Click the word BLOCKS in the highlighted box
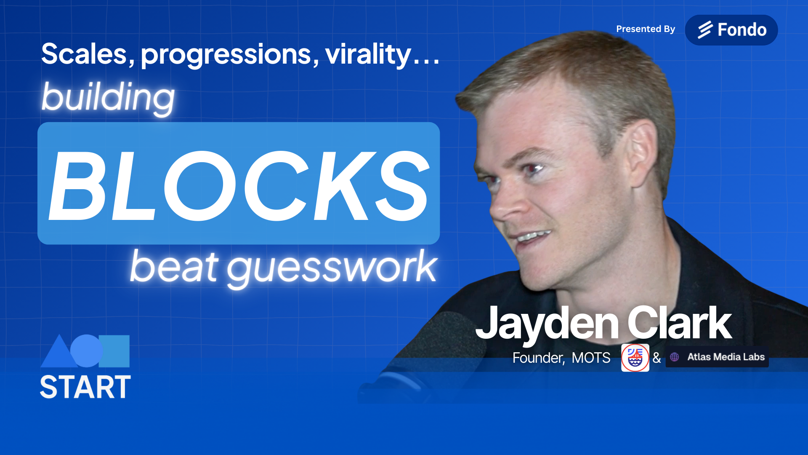click(239, 186)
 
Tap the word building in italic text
click(108, 98)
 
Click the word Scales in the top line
click(85, 54)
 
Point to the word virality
click(368, 55)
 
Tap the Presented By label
click(646, 29)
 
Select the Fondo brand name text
click(742, 30)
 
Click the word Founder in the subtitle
click(538, 358)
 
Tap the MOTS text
click(591, 358)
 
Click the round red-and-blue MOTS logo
click(635, 358)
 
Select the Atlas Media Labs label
click(726, 357)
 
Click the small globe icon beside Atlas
click(675, 357)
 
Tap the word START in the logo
click(85, 387)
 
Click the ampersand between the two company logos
click(656, 358)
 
